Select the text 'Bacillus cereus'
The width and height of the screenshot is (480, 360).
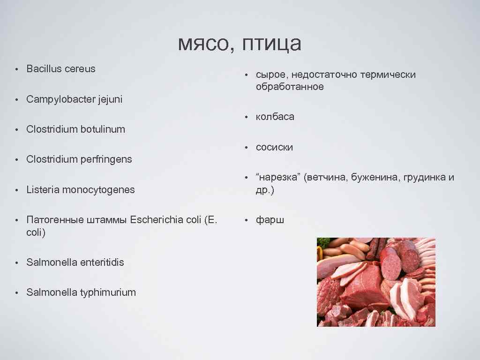click(61, 69)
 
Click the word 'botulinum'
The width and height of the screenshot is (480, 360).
click(103, 129)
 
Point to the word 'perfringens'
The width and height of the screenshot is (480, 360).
click(106, 159)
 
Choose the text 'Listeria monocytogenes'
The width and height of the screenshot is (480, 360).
click(80, 190)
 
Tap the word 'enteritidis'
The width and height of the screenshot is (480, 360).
click(102, 262)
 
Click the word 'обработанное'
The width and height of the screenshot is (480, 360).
click(290, 87)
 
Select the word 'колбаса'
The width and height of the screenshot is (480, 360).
click(275, 117)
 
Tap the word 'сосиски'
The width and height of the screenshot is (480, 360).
click(274, 147)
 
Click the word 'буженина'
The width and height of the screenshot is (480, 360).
click(375, 178)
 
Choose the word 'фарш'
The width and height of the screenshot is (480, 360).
click(270, 220)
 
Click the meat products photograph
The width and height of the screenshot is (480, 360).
click(376, 282)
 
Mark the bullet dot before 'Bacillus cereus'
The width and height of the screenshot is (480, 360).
click(16, 69)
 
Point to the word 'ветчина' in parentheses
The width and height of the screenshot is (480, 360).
click(326, 178)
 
